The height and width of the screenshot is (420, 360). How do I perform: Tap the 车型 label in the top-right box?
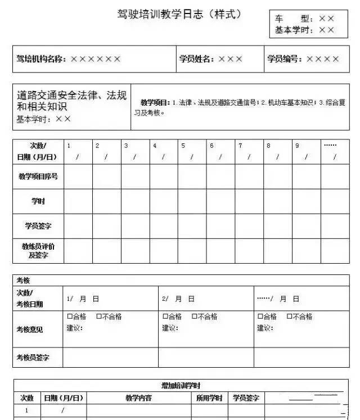pos(292,19)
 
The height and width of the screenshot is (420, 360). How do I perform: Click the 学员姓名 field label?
pos(196,58)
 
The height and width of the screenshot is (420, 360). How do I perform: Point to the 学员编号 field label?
pos(284,58)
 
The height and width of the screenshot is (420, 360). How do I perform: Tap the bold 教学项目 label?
pos(155,102)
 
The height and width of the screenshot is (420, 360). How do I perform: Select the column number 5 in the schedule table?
pos(183,146)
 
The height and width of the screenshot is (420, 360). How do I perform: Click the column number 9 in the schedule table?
pos(298,146)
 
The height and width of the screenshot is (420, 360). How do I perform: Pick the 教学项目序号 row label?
pos(38,176)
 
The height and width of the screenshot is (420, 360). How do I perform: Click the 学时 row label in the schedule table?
pos(38,201)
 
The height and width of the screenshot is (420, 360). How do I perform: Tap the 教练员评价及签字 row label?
pos(38,251)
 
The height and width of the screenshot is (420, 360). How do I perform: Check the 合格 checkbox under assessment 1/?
pos(70,317)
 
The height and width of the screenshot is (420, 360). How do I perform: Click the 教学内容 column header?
pos(138,398)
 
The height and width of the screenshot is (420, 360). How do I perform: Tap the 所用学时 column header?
pos(209,398)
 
